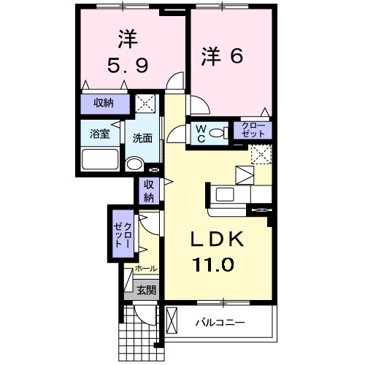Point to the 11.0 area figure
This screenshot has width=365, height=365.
(x=212, y=263)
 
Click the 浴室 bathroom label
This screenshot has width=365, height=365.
(x=100, y=134)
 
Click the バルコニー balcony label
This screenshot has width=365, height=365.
(x=220, y=322)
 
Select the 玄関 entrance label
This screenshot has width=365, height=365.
(x=145, y=290)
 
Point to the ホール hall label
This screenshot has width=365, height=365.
(x=145, y=269)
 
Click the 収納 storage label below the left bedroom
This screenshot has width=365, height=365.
(x=103, y=103)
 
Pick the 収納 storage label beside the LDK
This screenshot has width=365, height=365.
(x=148, y=191)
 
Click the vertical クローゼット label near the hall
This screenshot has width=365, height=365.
(x=122, y=232)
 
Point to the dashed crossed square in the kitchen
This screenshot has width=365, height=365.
(x=261, y=154)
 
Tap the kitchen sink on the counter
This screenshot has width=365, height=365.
(x=224, y=193)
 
